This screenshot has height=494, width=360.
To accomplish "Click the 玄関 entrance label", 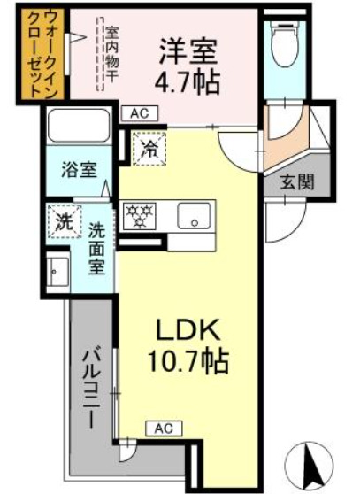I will point(296,183).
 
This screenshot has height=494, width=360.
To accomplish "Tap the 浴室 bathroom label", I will point(79,168).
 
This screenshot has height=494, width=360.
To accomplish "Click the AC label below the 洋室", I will point(139,112).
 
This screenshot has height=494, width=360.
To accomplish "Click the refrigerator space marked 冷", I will point(147,148).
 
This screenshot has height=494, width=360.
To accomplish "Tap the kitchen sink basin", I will point(194,216).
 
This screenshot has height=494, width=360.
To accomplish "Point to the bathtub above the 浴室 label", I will point(79,127).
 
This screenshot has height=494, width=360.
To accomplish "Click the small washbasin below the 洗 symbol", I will point(59,270).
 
